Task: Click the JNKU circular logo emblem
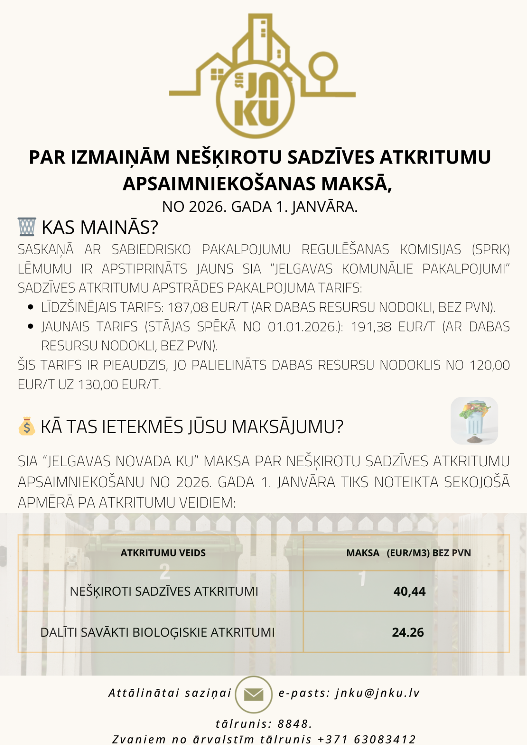[x=255, y=99]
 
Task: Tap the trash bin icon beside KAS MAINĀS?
[x=27, y=227]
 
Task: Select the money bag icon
[x=26, y=426]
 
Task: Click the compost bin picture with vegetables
[x=474, y=420]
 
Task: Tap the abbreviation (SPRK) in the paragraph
[x=490, y=249]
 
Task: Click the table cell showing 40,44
[x=409, y=591]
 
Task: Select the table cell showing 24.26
[x=408, y=632]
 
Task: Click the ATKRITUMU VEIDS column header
[x=163, y=553]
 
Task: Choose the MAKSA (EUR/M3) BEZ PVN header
[x=409, y=553]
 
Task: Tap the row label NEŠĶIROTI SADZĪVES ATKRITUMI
[x=164, y=591]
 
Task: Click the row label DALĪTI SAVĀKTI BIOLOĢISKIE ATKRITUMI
[x=158, y=632]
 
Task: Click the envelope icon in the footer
[x=254, y=694]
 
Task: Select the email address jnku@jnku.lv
[x=377, y=693]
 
